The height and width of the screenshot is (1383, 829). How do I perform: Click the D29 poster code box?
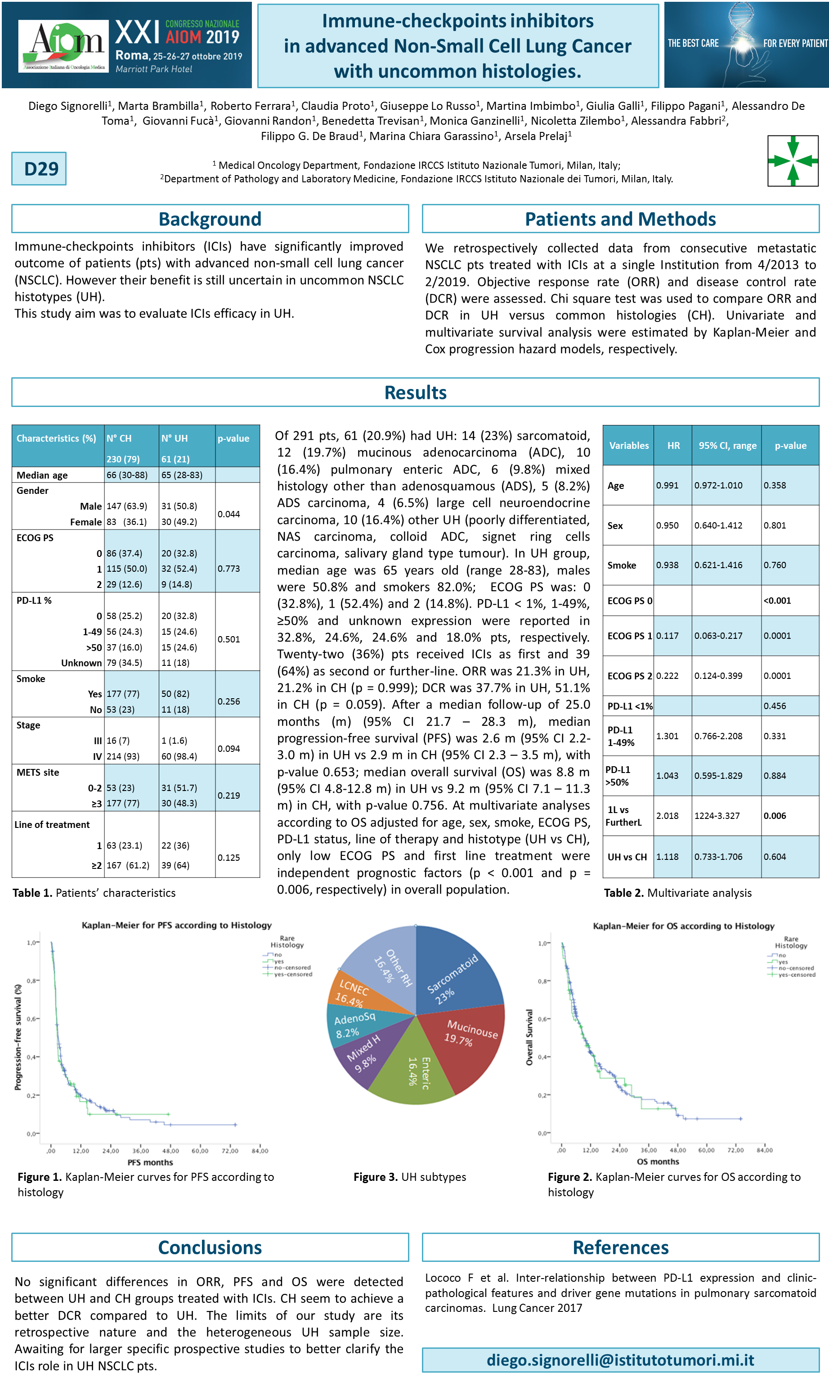click(x=39, y=168)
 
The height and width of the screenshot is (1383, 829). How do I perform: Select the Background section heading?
click(x=210, y=219)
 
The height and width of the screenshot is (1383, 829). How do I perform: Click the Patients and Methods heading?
click(x=620, y=219)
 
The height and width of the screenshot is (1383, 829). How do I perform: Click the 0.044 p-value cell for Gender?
click(x=229, y=514)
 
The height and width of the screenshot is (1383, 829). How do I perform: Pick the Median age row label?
click(x=42, y=475)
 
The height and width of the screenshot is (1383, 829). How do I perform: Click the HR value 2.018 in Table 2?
click(x=667, y=816)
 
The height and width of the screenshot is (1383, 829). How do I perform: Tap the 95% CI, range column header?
click(x=727, y=446)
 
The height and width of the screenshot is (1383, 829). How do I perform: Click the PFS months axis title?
click(x=150, y=1162)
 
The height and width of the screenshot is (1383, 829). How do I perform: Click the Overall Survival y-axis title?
click(x=529, y=1037)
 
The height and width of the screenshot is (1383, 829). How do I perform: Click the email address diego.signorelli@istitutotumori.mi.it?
click(x=620, y=1360)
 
